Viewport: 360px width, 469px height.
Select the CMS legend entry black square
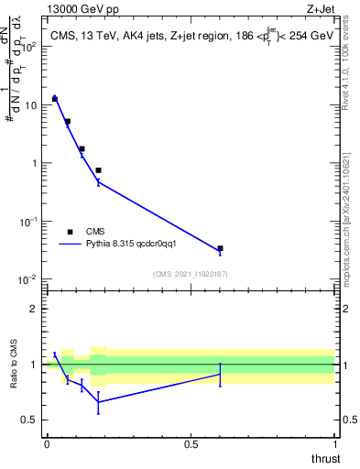(x=70, y=232)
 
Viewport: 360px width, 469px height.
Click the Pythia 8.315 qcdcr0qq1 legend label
(x=136, y=245)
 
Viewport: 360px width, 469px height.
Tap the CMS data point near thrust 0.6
(x=220, y=248)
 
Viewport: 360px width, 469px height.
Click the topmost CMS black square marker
(x=55, y=98)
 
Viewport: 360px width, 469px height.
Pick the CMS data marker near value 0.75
(x=98, y=170)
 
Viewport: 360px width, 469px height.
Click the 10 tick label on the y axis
(x=29, y=105)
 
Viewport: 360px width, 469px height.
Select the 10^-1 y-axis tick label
(x=27, y=222)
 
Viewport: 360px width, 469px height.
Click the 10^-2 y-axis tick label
(x=27, y=279)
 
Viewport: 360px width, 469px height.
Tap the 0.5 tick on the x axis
(x=191, y=443)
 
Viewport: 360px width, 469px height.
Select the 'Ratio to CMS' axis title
(x=14, y=364)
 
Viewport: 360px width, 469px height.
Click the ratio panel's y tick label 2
(x=33, y=309)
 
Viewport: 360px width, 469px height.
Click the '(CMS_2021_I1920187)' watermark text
(x=191, y=274)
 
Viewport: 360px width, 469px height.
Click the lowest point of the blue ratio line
(x=98, y=401)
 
